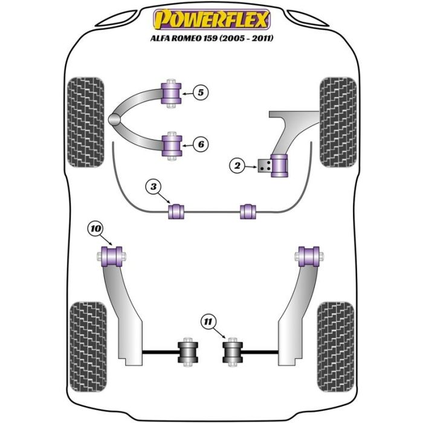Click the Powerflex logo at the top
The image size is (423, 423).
(x=211, y=20)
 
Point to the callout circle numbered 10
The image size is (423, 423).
(x=95, y=228)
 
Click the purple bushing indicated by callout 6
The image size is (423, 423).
(x=172, y=144)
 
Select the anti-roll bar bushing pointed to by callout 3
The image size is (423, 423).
(x=178, y=211)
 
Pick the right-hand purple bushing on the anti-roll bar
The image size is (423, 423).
(x=248, y=211)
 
